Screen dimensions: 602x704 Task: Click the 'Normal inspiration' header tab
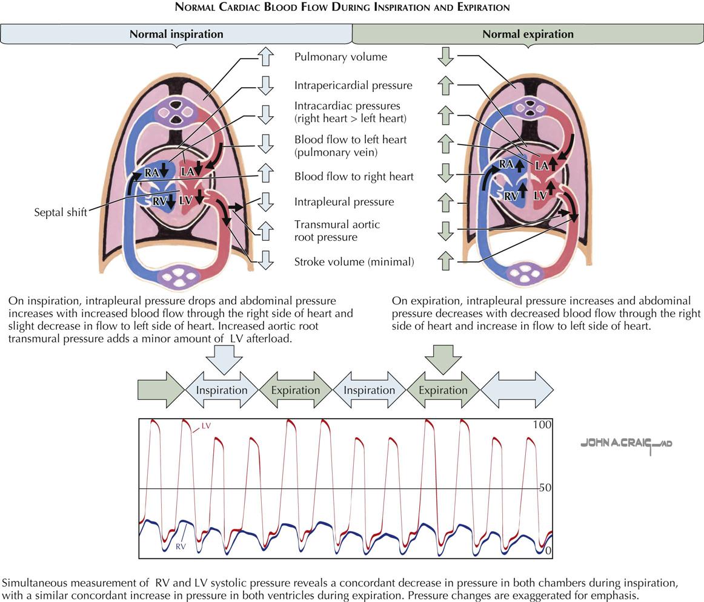pos(176,34)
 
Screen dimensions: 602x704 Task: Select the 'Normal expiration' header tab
pos(528,34)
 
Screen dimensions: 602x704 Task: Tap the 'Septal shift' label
pos(61,212)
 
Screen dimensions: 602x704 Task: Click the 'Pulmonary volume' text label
pos(340,57)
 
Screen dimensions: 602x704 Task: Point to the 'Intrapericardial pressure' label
pos(353,85)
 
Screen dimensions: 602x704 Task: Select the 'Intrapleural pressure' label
pos(344,201)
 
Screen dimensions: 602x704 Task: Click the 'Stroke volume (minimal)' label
pos(354,262)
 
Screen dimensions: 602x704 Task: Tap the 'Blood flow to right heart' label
pos(354,177)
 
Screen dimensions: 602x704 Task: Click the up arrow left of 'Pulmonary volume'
pos(265,57)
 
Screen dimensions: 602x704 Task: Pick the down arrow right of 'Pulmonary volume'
pos(446,57)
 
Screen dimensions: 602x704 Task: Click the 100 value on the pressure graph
pos(542,425)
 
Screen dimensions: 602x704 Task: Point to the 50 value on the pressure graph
pos(545,487)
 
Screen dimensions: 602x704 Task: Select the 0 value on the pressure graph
pos(548,551)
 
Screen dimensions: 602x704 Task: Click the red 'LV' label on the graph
pos(206,426)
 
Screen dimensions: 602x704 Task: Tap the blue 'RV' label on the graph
pos(181,546)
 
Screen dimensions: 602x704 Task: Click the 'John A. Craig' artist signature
pos(626,444)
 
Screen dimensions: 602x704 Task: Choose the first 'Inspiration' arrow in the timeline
pos(221,390)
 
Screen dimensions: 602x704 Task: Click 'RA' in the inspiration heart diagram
pos(151,173)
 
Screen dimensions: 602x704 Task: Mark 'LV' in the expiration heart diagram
pos(540,195)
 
